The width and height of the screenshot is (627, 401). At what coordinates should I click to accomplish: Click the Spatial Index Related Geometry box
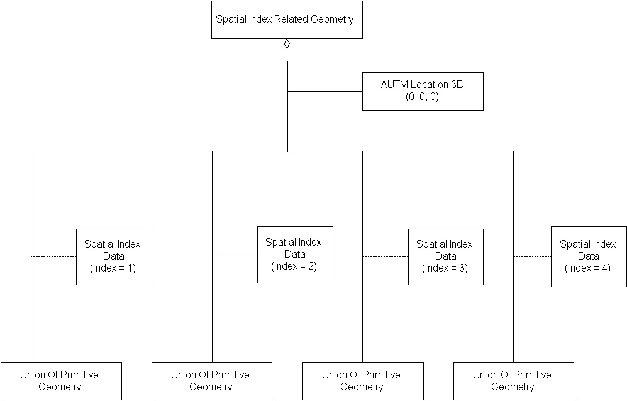click(x=286, y=19)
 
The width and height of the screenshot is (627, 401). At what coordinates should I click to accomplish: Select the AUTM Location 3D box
click(x=423, y=91)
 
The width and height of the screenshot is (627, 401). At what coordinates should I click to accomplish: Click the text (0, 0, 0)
click(x=422, y=97)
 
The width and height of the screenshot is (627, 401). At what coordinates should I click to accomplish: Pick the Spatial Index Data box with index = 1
click(x=114, y=256)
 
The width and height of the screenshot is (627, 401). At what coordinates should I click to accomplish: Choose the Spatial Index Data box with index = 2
click(x=294, y=254)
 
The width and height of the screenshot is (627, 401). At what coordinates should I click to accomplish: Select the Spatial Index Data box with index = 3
click(x=445, y=256)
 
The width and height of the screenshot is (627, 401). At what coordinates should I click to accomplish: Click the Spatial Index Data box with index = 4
click(x=588, y=256)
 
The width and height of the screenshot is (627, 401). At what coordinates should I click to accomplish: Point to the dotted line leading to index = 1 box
click(x=53, y=256)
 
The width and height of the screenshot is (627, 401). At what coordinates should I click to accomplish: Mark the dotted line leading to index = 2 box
click(x=235, y=255)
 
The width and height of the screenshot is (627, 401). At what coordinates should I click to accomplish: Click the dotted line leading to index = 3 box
click(x=385, y=256)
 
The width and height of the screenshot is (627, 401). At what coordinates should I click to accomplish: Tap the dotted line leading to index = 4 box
click(x=532, y=256)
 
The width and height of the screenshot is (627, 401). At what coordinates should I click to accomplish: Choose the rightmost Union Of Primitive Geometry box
click(x=513, y=381)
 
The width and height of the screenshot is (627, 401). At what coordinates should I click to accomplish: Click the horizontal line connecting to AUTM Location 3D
click(x=325, y=91)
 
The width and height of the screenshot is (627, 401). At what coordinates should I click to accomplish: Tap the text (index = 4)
click(x=588, y=268)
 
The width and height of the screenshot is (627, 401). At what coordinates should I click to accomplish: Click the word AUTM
click(x=394, y=84)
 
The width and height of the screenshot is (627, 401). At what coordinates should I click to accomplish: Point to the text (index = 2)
click(x=294, y=266)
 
